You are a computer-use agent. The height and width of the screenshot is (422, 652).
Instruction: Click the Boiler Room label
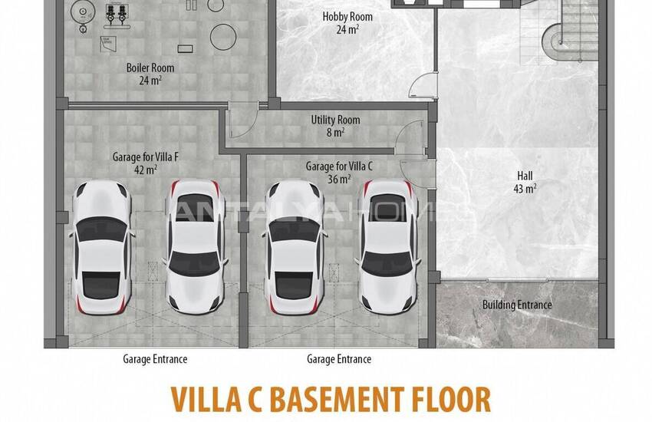click(150, 68)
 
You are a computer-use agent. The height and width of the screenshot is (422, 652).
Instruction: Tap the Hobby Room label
click(347, 17)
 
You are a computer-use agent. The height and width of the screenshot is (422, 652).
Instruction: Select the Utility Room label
click(335, 120)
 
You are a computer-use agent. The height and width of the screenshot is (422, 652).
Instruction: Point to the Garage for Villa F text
click(146, 157)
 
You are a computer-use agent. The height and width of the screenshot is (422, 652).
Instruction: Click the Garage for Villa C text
click(339, 166)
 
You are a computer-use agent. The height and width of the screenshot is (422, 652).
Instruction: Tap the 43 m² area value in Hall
click(525, 188)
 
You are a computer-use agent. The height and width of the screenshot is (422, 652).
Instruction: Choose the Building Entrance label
click(517, 305)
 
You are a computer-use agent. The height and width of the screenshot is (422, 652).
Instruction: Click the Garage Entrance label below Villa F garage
click(155, 359)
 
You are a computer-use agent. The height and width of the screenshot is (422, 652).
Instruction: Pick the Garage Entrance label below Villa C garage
click(339, 359)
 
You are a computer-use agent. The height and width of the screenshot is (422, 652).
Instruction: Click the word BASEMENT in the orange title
click(338, 399)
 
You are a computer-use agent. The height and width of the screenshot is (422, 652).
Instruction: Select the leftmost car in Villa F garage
click(102, 246)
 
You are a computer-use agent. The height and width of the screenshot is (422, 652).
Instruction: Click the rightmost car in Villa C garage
click(388, 246)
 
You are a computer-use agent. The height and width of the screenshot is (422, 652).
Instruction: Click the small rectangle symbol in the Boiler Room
click(185, 48)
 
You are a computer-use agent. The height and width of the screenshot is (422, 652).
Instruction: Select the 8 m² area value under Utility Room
click(335, 133)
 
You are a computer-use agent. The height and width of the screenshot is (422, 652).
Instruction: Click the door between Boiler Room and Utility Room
click(243, 120)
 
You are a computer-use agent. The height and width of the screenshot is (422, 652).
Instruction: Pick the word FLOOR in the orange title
click(451, 399)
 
